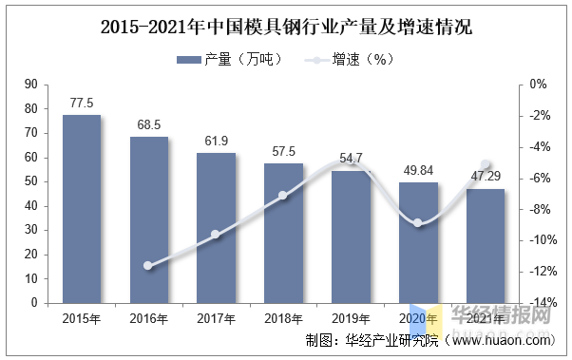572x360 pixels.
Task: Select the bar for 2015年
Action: pyautogui.click(x=82, y=209)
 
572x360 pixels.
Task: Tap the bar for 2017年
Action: pyautogui.click(x=216, y=228)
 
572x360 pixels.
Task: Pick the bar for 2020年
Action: pyautogui.click(x=418, y=242)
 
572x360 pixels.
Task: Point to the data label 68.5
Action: pyautogui.click(x=149, y=125)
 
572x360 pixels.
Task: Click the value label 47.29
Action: pyautogui.click(x=486, y=177)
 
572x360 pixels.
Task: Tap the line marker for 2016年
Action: pyautogui.click(x=148, y=266)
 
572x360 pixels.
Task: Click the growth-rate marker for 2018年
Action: pyautogui.click(x=283, y=196)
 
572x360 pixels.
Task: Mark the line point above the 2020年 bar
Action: pyautogui.click(x=418, y=223)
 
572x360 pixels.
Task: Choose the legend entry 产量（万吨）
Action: pyautogui.click(x=230, y=60)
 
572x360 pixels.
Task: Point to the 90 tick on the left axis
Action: pyautogui.click(x=30, y=85)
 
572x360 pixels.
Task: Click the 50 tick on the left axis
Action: pyautogui.click(x=30, y=181)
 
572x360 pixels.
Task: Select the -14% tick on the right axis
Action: pyautogui.click(x=543, y=303)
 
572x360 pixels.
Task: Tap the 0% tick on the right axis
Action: pyautogui.click(x=538, y=85)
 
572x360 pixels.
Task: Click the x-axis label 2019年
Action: pyautogui.click(x=351, y=318)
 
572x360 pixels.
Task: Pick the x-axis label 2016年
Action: pyautogui.click(x=149, y=318)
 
